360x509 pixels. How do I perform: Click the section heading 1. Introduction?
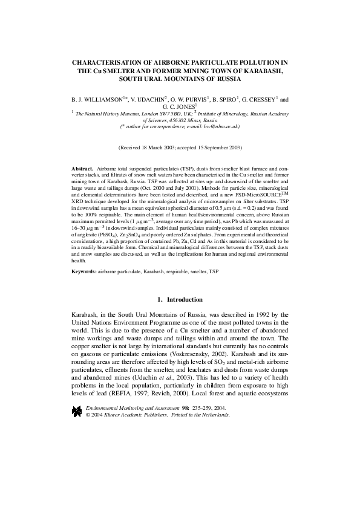point(180,300)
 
